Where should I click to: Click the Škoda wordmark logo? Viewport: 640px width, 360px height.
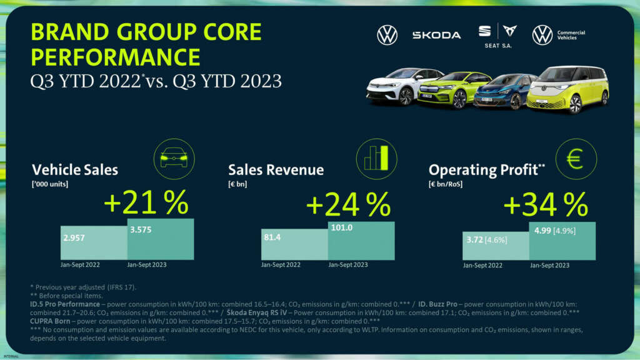436,35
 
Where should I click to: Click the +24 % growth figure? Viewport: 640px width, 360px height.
347,204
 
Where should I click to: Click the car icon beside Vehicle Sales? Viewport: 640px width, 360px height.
173,159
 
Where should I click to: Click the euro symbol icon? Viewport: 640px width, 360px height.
575,159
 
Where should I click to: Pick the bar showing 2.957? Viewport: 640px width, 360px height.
94,242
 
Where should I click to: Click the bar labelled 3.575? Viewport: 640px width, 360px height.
161,239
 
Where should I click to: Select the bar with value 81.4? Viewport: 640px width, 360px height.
294,244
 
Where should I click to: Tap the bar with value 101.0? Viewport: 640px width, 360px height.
361,240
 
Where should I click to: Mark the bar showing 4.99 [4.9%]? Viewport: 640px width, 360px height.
562,241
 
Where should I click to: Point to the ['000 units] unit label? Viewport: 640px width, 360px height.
51,184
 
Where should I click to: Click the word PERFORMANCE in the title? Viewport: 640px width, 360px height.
116,57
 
